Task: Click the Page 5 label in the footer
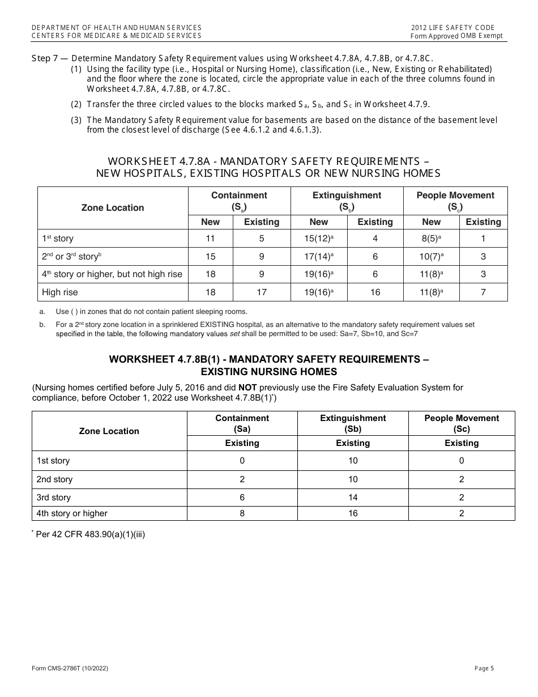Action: tap(484, 668)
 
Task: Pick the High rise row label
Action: tap(60, 292)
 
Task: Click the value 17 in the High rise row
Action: tap(261, 292)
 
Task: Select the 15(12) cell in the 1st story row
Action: tap(318, 239)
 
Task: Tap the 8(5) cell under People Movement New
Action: tap(430, 239)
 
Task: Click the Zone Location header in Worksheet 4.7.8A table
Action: tap(113, 208)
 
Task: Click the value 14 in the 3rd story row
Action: tap(353, 498)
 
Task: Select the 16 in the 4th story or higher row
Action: tap(353, 513)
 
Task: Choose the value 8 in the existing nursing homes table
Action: tap(242, 513)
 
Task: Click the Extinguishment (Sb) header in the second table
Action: tap(353, 423)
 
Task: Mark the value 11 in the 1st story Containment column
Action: tap(210, 239)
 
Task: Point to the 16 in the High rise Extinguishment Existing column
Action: tap(374, 292)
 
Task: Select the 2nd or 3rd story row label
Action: tap(71, 257)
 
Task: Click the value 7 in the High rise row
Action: tap(483, 292)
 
